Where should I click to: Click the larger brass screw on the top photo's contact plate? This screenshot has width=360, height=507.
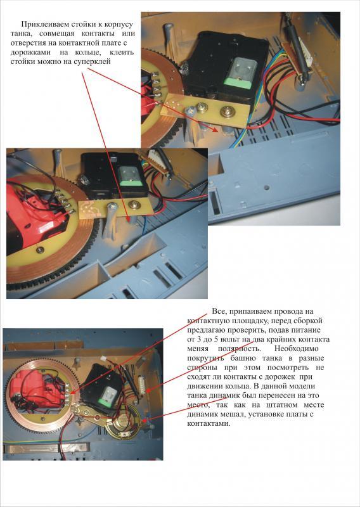[x=226, y=112]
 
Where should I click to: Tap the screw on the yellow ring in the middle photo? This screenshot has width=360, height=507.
[x=40, y=250]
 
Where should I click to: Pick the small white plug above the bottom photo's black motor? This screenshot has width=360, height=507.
[x=103, y=359]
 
